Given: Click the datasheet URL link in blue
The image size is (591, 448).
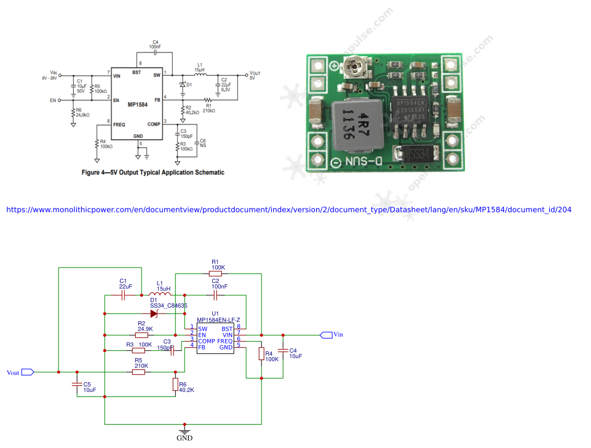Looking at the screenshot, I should [x=288, y=210].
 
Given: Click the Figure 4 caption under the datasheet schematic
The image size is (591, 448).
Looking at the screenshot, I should [x=153, y=172].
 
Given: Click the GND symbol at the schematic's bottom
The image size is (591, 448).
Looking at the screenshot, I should [x=183, y=433].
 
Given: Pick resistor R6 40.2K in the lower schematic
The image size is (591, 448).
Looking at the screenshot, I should [x=175, y=385].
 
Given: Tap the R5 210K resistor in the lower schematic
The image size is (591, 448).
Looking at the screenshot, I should [x=140, y=372].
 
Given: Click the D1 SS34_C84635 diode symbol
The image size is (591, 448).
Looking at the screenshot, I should [x=154, y=313].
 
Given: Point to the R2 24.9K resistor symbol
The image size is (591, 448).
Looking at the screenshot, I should [x=141, y=335].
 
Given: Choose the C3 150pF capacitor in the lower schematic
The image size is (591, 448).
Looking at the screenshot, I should [x=173, y=350].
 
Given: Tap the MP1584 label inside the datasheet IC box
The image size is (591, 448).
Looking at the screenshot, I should [x=137, y=105].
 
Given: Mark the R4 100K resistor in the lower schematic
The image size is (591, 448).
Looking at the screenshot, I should [x=261, y=354].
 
